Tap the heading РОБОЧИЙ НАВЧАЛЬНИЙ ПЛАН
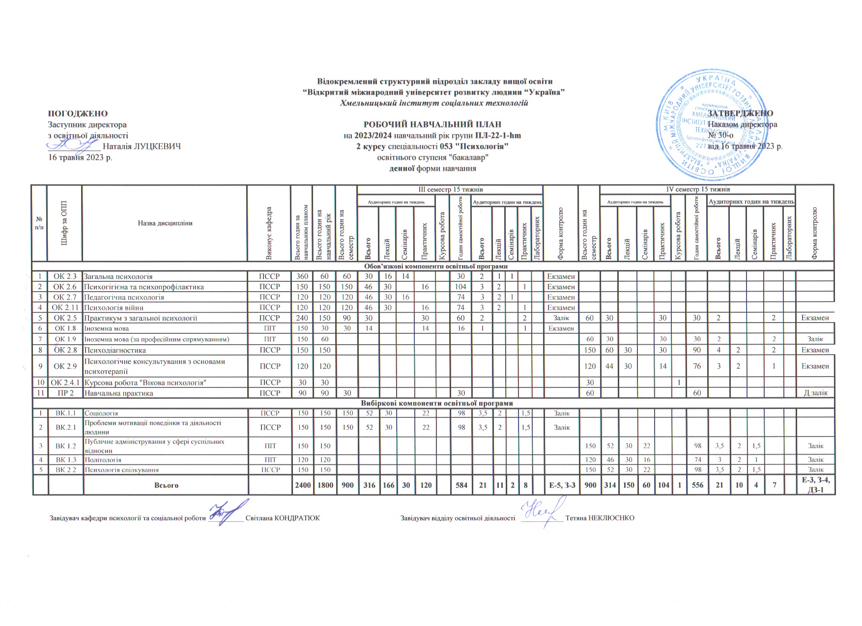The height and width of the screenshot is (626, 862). click(x=432, y=124)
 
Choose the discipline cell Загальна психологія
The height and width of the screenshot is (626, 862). click(x=118, y=276)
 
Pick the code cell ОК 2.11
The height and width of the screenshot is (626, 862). click(x=64, y=308)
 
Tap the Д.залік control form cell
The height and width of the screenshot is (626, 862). click(x=815, y=393)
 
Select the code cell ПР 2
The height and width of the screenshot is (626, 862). click(x=64, y=393)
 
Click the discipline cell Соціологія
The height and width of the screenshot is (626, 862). click(x=101, y=413)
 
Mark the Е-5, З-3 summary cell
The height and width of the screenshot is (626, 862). click(x=561, y=485)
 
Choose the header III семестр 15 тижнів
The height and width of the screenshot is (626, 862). click(x=450, y=190)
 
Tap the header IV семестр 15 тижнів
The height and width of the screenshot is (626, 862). click(x=697, y=190)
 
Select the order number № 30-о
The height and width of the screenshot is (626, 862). click(x=720, y=135)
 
